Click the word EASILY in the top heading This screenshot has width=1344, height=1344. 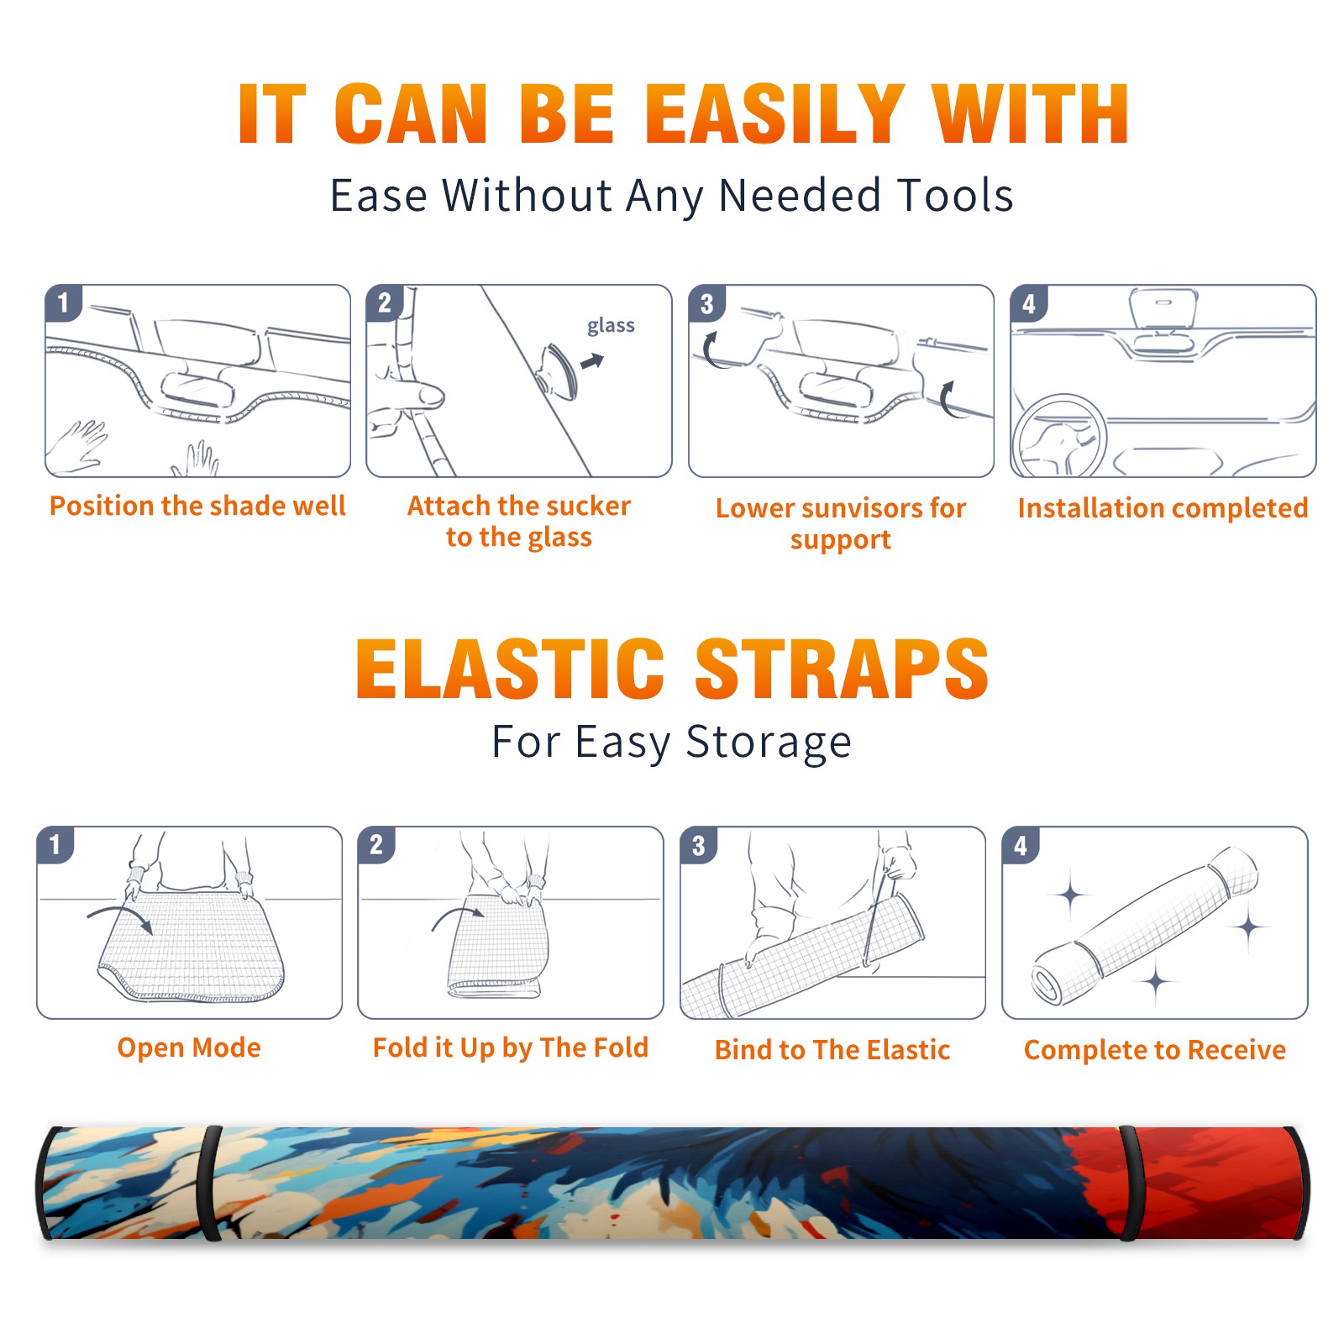775,114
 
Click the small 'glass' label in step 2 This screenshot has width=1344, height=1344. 611,326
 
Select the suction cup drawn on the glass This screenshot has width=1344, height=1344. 557,370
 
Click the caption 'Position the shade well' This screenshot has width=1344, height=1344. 197,506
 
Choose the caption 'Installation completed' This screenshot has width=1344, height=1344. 1163,508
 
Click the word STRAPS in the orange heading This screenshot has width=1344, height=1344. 841,669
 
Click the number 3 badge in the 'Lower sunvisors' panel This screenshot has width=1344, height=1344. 706,303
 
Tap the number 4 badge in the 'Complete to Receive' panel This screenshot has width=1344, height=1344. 1021,845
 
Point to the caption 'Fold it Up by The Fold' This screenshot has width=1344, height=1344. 511,1047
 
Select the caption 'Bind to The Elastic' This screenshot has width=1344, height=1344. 832,1050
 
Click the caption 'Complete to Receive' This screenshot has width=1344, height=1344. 1155,1050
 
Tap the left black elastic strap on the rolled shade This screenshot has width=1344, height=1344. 211,1183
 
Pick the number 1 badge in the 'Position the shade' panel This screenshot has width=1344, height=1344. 63,302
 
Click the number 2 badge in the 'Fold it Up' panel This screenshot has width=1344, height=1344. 376,844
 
